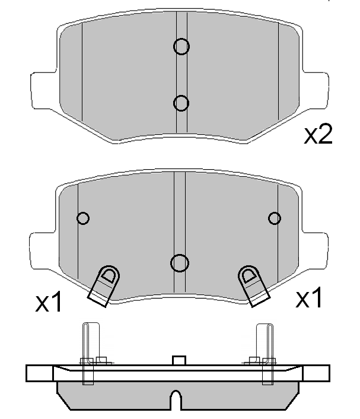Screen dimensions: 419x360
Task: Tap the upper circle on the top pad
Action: coord(181,46)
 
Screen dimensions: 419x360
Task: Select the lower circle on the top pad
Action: coord(181,103)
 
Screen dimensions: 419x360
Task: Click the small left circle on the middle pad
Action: coord(84,218)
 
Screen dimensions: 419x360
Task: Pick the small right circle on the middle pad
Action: coord(274,218)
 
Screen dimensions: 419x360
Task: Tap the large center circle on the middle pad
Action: coord(179,262)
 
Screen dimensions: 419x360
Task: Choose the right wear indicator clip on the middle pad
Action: coord(253,285)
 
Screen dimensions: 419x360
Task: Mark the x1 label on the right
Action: coord(309,299)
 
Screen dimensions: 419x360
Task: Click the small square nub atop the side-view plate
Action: coord(179,360)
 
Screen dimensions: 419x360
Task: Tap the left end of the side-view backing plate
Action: coord(39,373)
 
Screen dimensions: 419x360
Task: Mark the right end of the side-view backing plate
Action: coord(317,373)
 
